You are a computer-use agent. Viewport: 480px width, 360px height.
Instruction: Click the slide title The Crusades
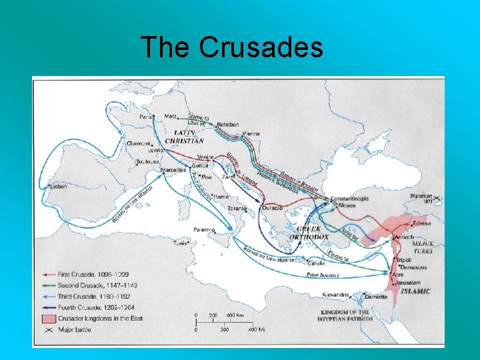[x=232, y=47]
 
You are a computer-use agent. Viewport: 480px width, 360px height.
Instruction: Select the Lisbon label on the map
[x=59, y=187]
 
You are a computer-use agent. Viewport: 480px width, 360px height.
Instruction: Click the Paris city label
[x=147, y=116]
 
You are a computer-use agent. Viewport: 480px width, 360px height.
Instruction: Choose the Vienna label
[x=251, y=133]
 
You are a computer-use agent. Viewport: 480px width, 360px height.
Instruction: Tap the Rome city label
[x=221, y=196]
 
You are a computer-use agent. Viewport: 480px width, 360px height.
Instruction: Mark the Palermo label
[x=204, y=229]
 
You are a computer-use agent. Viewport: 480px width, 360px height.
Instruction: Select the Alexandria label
[x=336, y=294]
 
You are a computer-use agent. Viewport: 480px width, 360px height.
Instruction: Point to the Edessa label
[x=421, y=223]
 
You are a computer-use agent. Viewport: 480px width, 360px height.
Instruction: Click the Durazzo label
[x=272, y=208]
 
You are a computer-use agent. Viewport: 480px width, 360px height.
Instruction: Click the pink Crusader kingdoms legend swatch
[x=47, y=317]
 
